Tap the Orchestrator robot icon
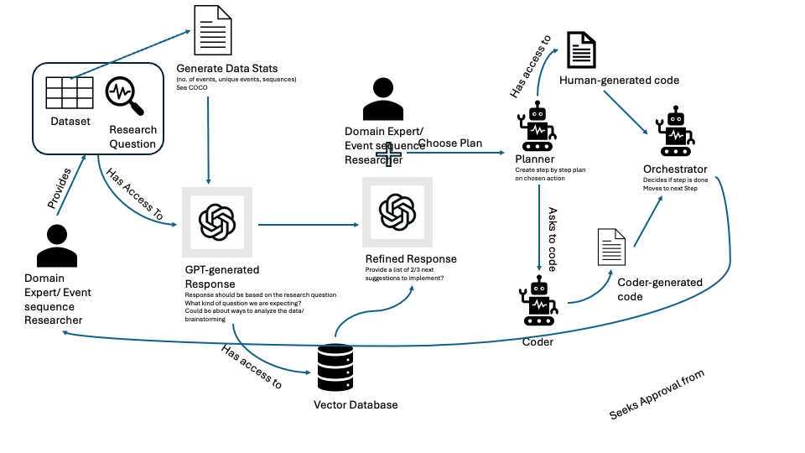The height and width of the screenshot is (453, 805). click(677, 133)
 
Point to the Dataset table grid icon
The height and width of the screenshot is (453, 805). click(69, 93)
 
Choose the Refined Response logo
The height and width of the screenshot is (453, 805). click(397, 213)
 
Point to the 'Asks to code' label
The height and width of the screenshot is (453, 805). click(553, 239)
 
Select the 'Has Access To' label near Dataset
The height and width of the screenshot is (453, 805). click(134, 195)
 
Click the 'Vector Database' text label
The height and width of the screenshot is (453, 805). click(356, 405)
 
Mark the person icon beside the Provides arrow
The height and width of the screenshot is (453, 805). click(58, 245)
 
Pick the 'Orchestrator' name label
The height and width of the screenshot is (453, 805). click(677, 168)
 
